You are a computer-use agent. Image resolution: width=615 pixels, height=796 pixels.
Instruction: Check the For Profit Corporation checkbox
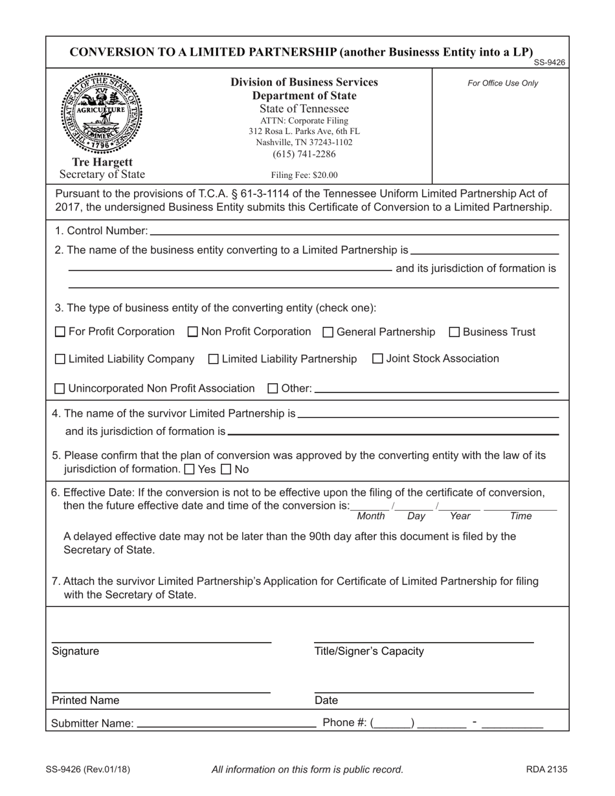pos(60,332)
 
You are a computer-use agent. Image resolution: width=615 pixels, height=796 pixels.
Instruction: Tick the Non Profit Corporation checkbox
pos(192,332)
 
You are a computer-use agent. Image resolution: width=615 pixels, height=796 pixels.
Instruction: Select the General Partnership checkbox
pos(328,332)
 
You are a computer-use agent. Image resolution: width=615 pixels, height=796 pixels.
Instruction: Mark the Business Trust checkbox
pos(454,332)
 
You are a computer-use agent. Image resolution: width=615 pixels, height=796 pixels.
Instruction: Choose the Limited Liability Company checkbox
pos(60,359)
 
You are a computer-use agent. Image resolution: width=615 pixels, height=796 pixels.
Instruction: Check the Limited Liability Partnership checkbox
pos(214,359)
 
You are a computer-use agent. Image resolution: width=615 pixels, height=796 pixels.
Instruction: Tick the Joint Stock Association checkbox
pos(378,359)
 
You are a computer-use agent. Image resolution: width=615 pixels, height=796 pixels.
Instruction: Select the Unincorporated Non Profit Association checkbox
pos(60,389)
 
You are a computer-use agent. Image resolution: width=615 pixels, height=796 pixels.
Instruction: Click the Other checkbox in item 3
pos(273,389)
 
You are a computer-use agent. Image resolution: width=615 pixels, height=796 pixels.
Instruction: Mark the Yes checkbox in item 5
pos(189,469)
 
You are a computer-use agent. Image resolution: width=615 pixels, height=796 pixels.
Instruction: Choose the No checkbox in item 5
pos(226,469)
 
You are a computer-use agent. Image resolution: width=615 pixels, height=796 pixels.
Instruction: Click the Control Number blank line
pos(353,232)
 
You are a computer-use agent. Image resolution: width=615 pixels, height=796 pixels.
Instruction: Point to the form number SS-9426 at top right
pos(549,63)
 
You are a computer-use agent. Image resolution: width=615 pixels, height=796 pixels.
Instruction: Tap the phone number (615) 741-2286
pos(304,154)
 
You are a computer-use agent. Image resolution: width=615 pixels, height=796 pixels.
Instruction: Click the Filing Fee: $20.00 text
pos(304,175)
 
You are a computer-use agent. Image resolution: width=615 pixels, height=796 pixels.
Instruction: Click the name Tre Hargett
pos(102,162)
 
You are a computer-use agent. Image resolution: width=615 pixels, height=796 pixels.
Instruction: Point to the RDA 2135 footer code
pos(546,769)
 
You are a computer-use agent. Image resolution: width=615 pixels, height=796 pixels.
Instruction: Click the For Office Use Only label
pos(502,83)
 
